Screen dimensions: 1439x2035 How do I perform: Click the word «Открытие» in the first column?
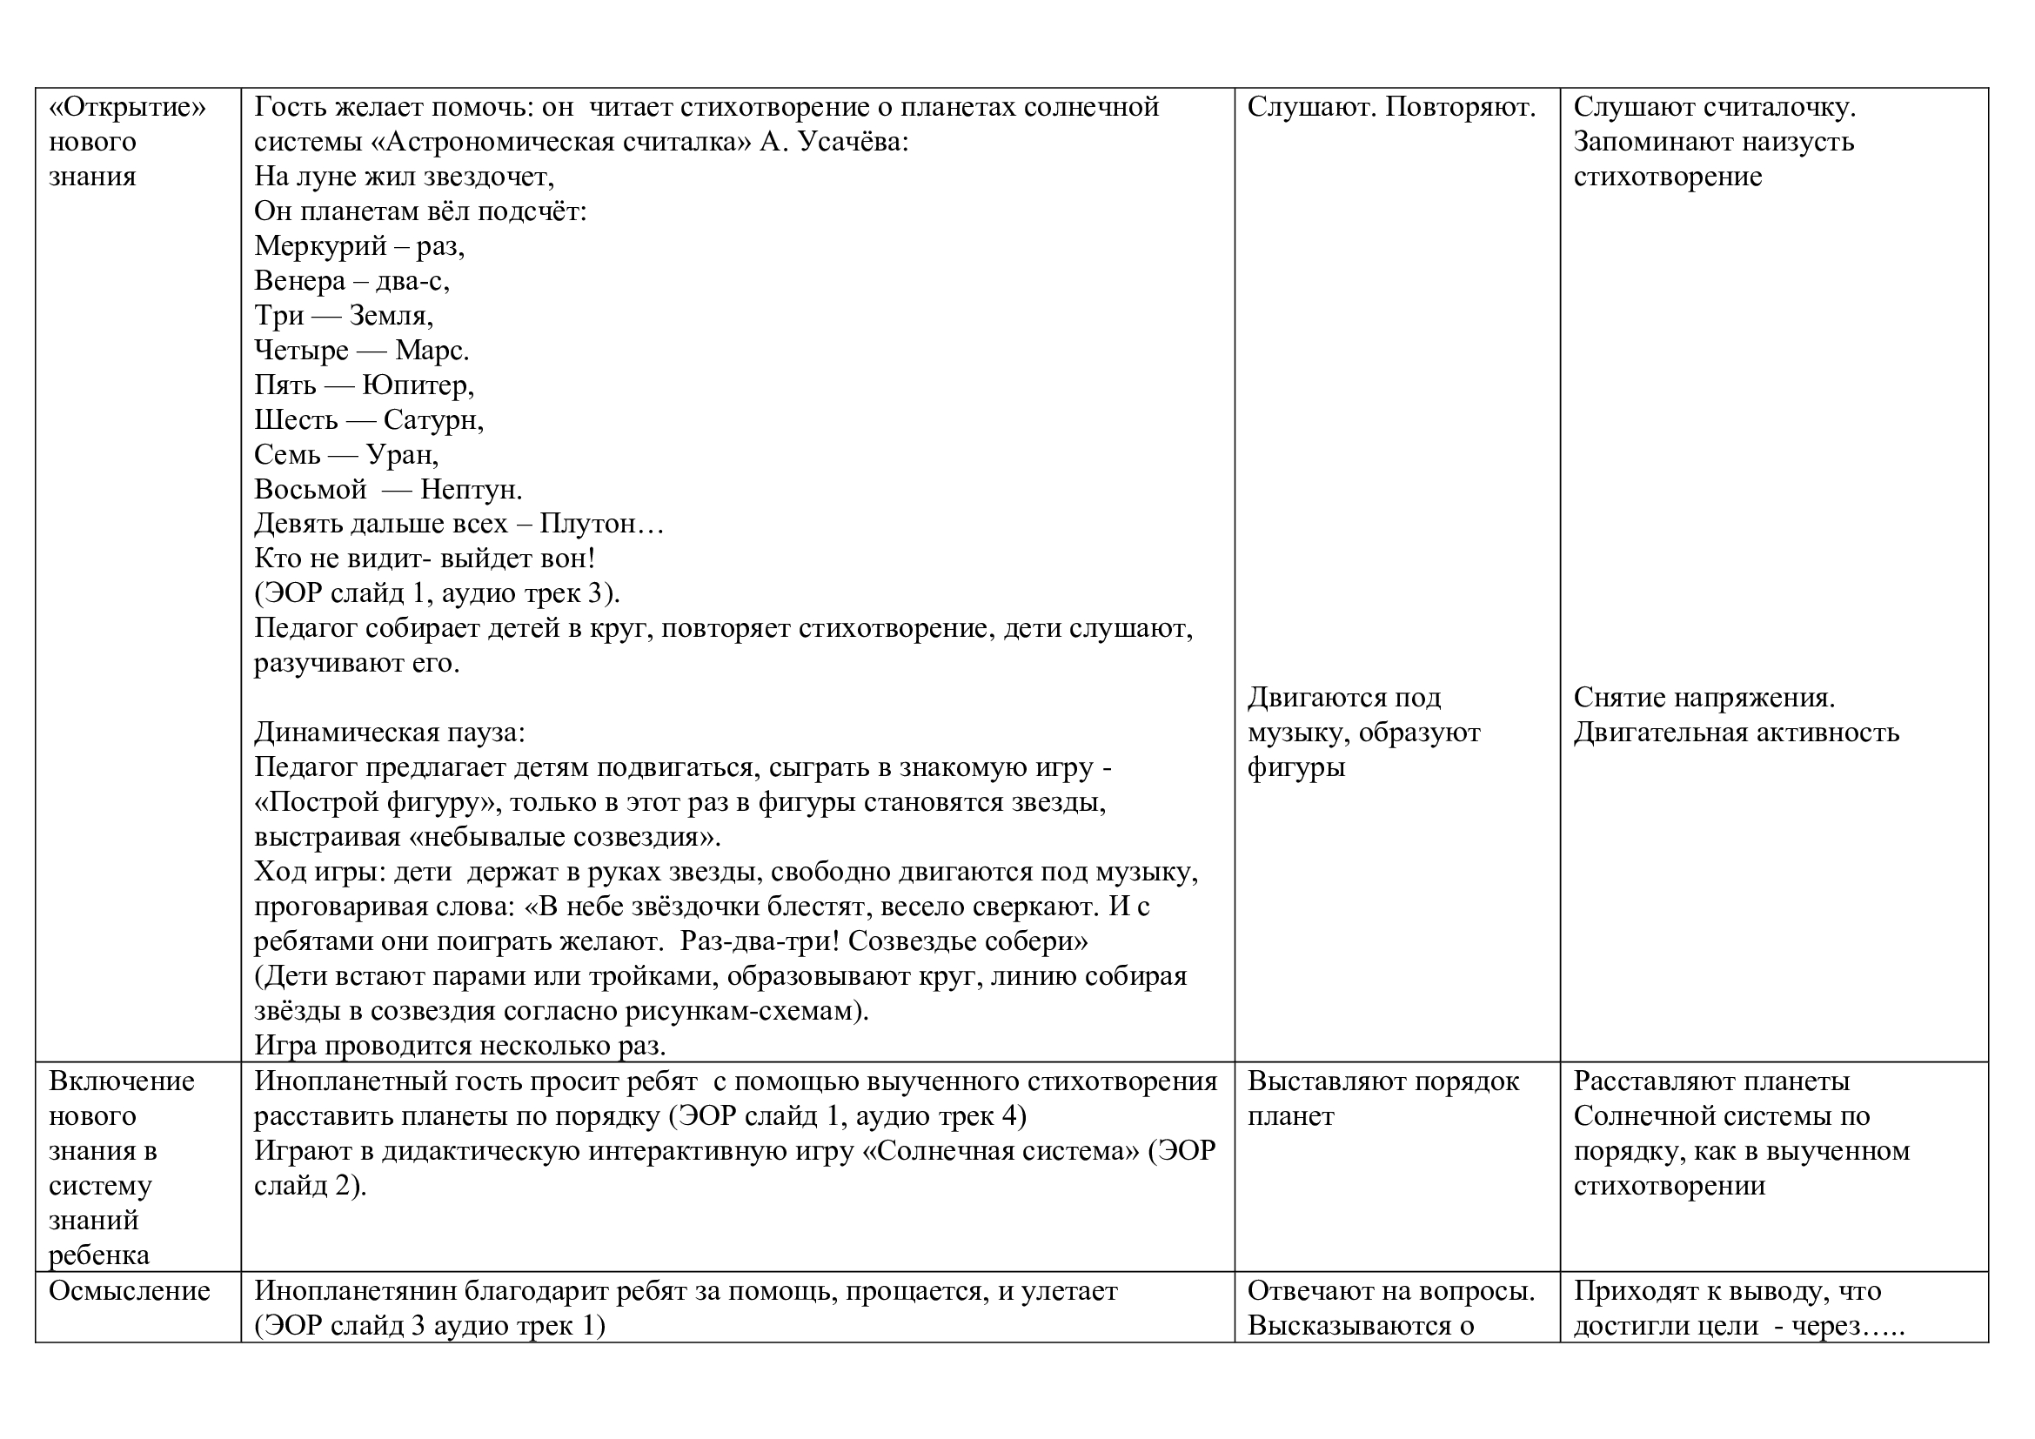[x=127, y=107]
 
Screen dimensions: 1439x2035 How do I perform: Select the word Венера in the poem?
[x=299, y=281]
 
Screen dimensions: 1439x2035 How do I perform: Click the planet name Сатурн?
[x=432, y=420]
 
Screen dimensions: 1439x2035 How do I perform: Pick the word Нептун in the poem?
[x=471, y=489]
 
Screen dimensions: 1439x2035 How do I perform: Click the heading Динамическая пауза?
[x=389, y=733]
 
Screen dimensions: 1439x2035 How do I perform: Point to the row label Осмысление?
[x=130, y=1291]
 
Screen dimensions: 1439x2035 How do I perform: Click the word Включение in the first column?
[x=122, y=1082]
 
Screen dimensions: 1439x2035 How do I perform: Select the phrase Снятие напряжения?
[x=1704, y=699]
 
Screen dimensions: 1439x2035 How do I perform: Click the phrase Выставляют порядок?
[x=1382, y=1082]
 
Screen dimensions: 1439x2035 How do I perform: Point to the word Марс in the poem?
[x=431, y=351]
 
